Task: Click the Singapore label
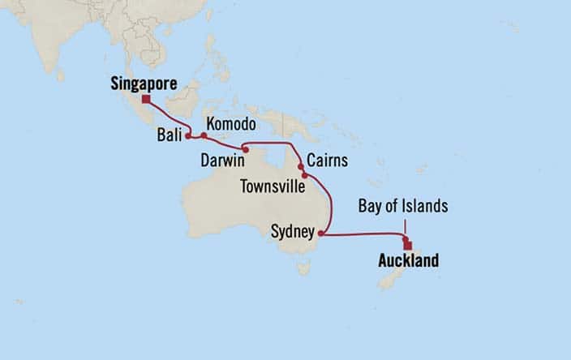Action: click(x=144, y=83)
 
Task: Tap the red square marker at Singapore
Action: click(x=146, y=100)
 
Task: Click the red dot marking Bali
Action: click(x=187, y=136)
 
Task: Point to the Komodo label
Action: click(x=231, y=125)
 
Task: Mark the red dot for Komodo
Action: click(x=203, y=135)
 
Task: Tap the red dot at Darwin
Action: click(x=245, y=150)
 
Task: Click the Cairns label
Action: click(x=328, y=161)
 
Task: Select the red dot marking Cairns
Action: click(x=301, y=166)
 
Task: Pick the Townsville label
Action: click(x=273, y=186)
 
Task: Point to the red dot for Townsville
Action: click(x=305, y=174)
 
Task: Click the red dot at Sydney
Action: click(x=320, y=234)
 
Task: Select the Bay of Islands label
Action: click(x=403, y=207)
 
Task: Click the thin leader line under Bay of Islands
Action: click(x=403, y=226)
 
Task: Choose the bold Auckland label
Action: click(x=408, y=261)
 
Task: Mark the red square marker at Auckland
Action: click(x=408, y=246)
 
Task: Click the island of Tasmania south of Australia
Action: click(x=303, y=267)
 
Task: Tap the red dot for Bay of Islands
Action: click(x=404, y=238)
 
